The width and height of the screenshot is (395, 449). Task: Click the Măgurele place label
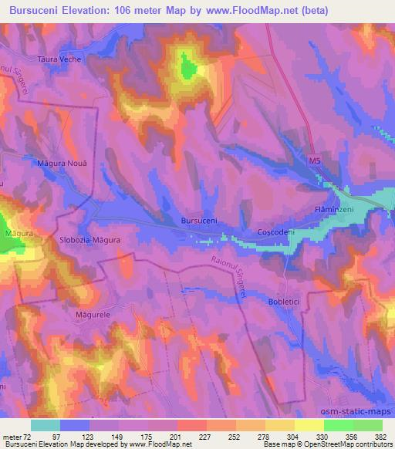[89, 315]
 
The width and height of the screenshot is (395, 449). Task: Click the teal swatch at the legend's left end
[45, 425]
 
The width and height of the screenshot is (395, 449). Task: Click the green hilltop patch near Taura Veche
[187, 68]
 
